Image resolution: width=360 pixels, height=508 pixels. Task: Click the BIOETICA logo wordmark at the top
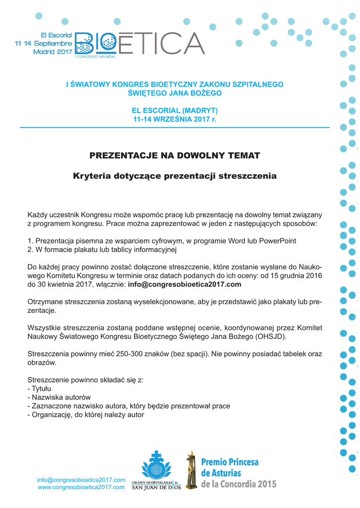point(139,45)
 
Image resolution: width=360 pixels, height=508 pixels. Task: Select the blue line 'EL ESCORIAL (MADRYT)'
point(174,110)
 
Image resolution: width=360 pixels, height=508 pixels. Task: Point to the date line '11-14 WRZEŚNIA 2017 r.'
point(174,119)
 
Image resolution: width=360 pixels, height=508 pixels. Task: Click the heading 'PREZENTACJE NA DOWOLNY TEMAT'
point(174,156)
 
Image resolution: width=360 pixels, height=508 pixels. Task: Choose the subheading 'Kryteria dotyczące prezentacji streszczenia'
point(174,176)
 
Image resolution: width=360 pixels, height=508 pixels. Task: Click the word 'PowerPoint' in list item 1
point(279,241)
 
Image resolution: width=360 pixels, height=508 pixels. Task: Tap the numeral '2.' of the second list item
point(30,249)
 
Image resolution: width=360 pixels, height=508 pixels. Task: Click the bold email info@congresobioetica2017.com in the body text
point(184,284)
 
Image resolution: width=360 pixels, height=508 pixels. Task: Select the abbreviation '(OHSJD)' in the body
point(271,336)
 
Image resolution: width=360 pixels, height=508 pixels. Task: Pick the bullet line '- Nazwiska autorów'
point(59,397)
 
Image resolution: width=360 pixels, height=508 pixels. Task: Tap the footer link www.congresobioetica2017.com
point(81,488)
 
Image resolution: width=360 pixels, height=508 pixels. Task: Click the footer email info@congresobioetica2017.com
point(81,480)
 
